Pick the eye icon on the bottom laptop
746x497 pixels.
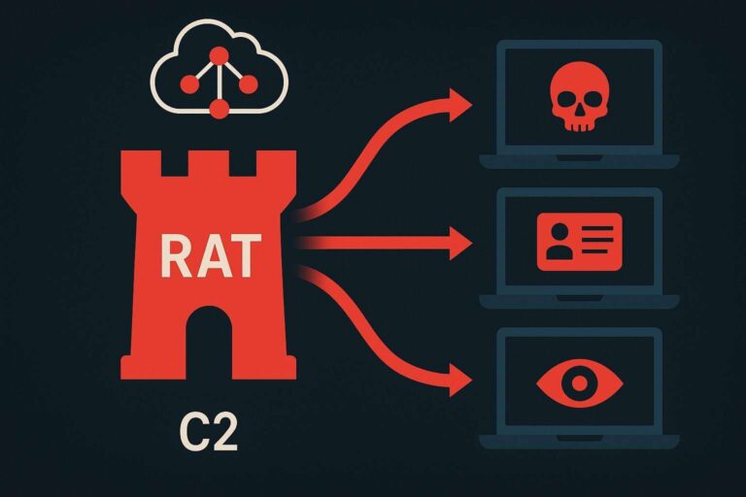pyautogui.click(x=579, y=382)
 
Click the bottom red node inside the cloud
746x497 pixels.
pyautogui.click(x=218, y=108)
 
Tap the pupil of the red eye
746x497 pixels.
pyautogui.click(x=579, y=382)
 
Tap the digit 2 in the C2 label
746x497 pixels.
pyautogui.click(x=224, y=433)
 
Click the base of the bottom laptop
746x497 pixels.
pyautogui.click(x=579, y=443)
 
